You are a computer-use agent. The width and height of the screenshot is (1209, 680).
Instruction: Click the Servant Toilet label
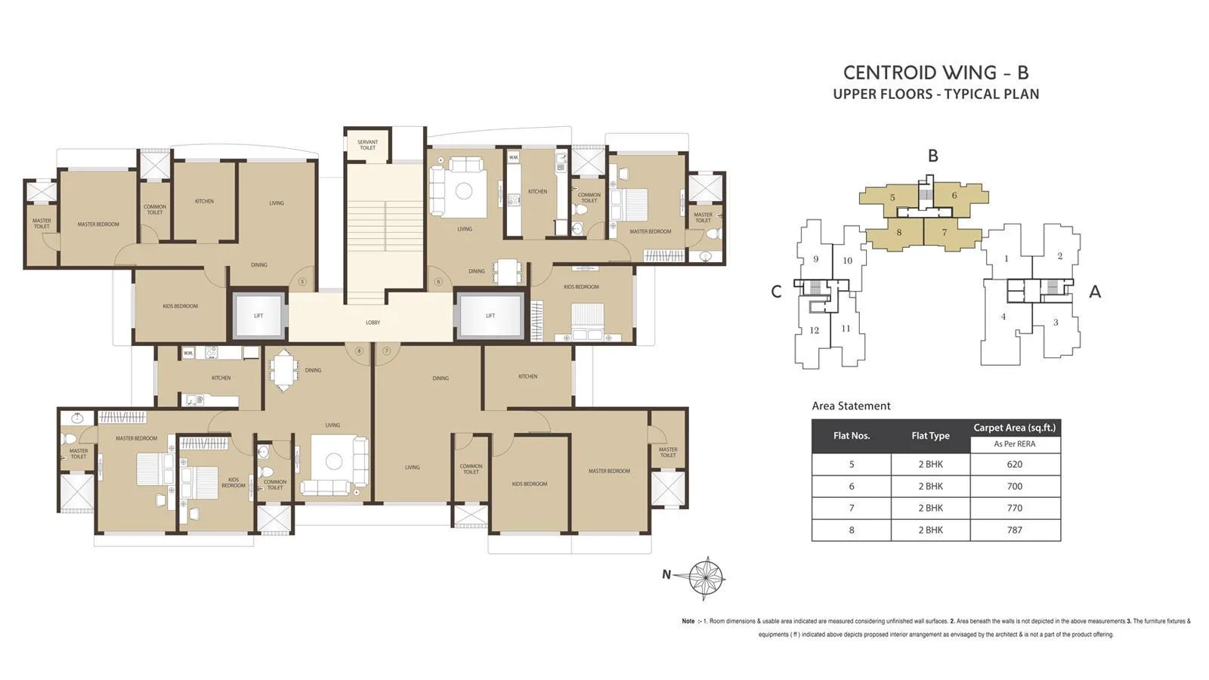pyautogui.click(x=367, y=144)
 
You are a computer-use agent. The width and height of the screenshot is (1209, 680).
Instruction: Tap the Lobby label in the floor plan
pyautogui.click(x=373, y=323)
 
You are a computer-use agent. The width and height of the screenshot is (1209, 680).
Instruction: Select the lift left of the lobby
pyautogui.click(x=258, y=315)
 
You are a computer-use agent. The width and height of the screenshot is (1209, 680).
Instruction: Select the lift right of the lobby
pyautogui.click(x=490, y=315)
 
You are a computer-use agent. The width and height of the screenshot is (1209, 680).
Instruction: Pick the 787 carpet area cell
pyautogui.click(x=1014, y=530)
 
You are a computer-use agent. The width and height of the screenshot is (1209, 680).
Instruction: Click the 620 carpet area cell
pyautogui.click(x=1014, y=465)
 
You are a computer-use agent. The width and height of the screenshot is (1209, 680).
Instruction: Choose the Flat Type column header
pyautogui.click(x=930, y=436)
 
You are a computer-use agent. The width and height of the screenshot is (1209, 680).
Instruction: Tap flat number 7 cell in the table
pyautogui.click(x=852, y=508)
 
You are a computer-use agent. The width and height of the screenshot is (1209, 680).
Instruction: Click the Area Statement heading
pyautogui.click(x=851, y=406)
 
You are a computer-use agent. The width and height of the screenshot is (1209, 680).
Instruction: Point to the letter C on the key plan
pyautogui.click(x=776, y=292)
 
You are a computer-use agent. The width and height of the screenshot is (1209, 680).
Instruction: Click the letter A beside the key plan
pyautogui.click(x=1094, y=292)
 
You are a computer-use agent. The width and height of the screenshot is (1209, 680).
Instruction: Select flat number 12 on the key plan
pyautogui.click(x=814, y=330)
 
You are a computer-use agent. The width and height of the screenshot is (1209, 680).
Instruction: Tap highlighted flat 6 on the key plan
pyautogui.click(x=954, y=196)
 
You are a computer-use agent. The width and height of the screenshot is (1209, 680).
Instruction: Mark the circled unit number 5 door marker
pyautogui.click(x=302, y=282)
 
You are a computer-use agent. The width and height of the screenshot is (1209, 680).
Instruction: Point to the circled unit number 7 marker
pyautogui.click(x=386, y=351)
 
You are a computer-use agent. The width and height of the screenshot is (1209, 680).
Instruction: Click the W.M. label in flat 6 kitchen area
pyautogui.click(x=513, y=157)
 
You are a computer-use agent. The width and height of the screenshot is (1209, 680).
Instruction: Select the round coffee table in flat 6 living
pyautogui.click(x=463, y=191)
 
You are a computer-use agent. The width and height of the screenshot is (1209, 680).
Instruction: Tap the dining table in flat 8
pyautogui.click(x=282, y=370)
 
